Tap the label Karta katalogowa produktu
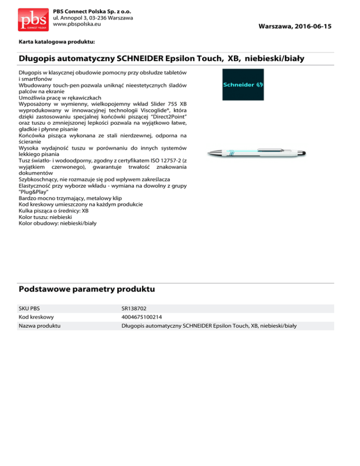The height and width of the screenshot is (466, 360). coord(57,42)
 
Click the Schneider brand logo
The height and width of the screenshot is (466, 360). coord(243,85)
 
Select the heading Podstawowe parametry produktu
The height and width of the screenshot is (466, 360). coord(87,289)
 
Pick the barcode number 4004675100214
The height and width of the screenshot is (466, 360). coord(142,317)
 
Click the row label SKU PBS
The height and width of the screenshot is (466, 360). coord(29,309)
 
